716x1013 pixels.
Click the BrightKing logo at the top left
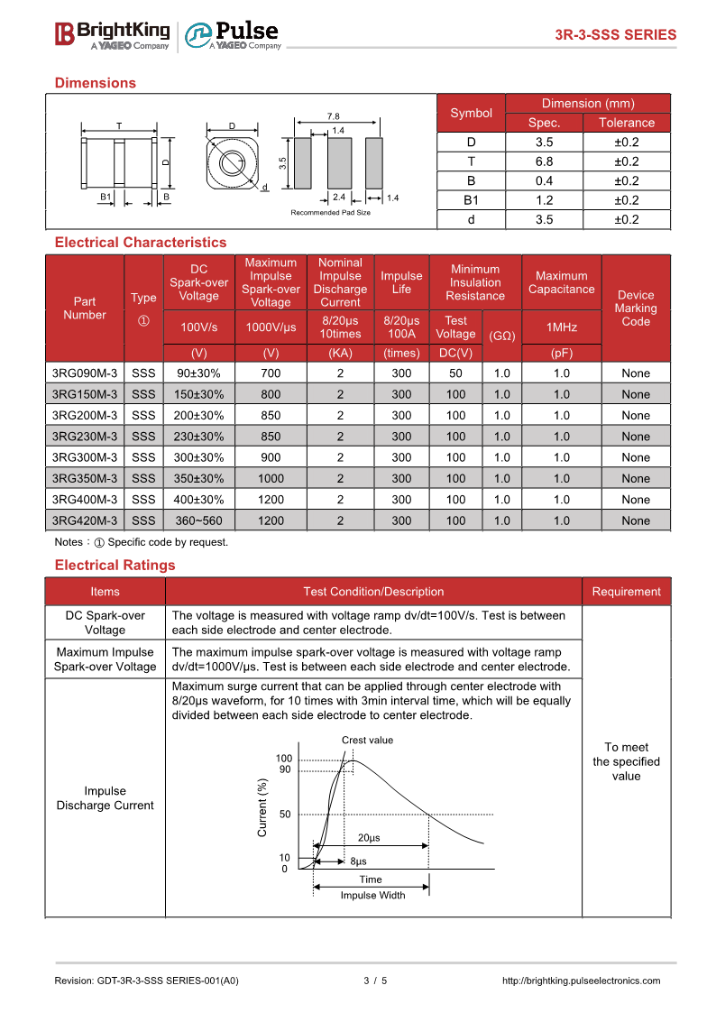coord(112,34)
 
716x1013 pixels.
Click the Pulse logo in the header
coord(234,35)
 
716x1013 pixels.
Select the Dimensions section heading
coord(95,83)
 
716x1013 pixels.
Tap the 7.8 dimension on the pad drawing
coord(333,116)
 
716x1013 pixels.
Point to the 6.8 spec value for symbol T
coord(544,161)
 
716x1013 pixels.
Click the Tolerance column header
coord(626,123)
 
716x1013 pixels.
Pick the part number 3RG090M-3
coord(85,373)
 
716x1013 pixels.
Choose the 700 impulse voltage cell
coord(271,373)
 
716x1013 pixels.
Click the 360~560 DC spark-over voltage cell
coord(198,520)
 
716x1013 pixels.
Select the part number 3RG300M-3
coord(85,457)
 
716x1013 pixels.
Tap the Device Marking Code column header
coord(636,309)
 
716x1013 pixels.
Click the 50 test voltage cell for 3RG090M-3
coord(455,373)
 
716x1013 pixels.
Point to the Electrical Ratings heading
coord(115,566)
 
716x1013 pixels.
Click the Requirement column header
coord(626,592)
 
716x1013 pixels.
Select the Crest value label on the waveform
coord(367,741)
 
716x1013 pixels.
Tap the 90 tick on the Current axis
coord(285,769)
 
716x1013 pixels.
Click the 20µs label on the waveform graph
coord(369,838)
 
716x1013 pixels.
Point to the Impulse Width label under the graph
coord(372,896)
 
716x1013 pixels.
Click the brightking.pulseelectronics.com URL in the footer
coord(580,981)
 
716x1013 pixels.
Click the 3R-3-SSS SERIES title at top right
coord(615,35)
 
